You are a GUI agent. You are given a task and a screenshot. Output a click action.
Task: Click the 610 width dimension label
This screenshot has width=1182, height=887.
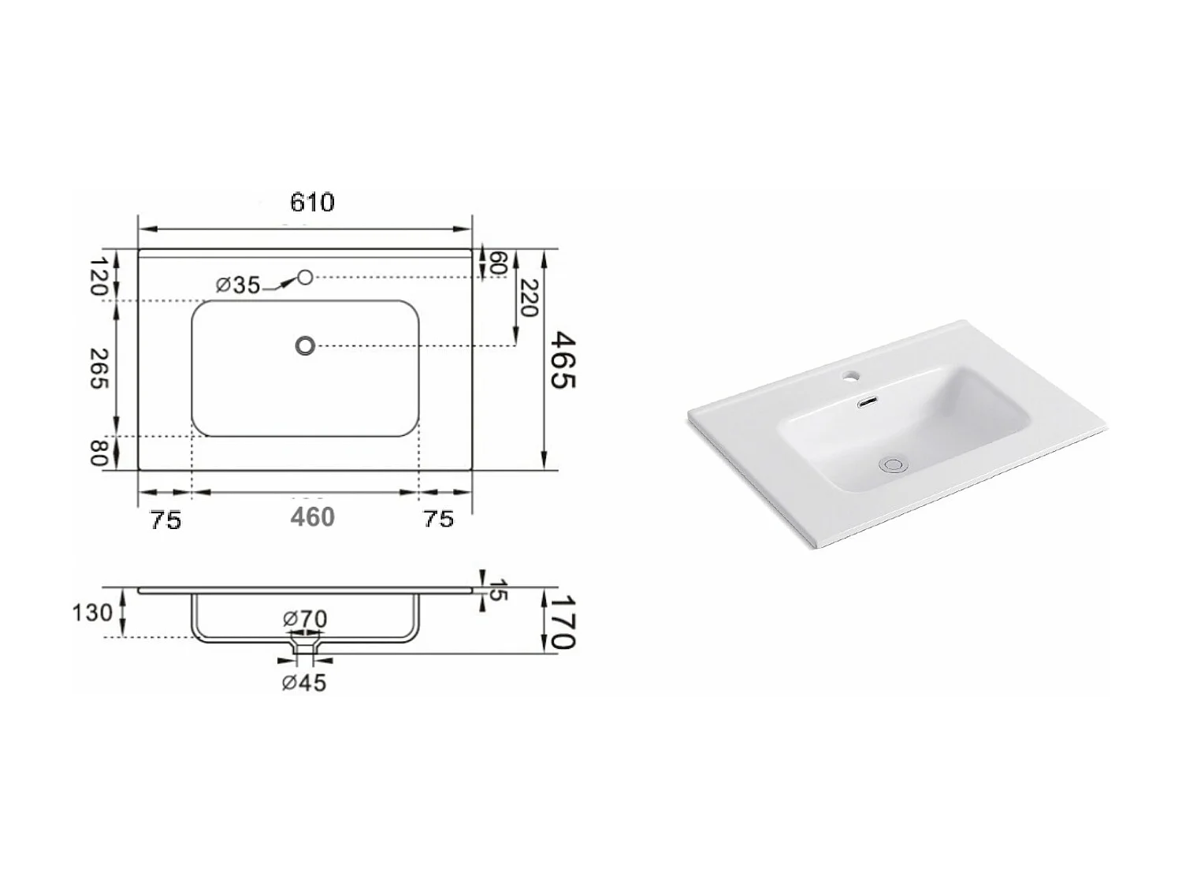[312, 203]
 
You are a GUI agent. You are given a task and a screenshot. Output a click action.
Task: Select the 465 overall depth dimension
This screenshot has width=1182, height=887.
[563, 360]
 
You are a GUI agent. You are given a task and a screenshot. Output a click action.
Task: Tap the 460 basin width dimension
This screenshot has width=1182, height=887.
[312, 517]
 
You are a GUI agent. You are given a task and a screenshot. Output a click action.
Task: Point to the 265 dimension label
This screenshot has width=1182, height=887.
[99, 368]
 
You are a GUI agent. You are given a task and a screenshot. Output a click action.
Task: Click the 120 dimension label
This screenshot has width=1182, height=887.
[98, 275]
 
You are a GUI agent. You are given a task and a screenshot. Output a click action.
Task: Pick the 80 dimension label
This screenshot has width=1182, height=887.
[98, 453]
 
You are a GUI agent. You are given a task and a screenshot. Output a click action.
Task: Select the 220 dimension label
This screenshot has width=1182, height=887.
[529, 298]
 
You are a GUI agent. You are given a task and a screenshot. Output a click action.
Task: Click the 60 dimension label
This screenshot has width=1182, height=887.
[496, 263]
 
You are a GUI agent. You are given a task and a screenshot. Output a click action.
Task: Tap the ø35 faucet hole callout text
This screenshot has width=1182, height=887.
[238, 285]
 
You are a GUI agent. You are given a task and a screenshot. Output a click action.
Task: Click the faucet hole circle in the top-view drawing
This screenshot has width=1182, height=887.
[306, 277]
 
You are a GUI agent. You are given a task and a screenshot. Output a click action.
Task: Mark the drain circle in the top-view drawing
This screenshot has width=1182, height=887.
[305, 345]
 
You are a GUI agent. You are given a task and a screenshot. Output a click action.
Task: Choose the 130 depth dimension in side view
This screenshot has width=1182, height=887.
[92, 612]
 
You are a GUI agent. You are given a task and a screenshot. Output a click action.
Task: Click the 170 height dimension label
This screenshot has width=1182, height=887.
[563, 622]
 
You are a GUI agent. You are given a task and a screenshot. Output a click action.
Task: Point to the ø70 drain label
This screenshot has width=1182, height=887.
[305, 619]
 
